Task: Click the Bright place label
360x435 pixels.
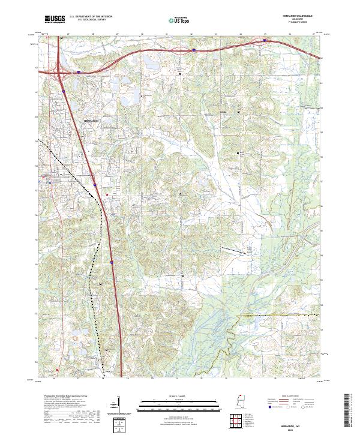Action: point(224,112)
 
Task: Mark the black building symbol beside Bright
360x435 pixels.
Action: point(238,112)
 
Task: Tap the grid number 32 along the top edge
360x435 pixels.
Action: point(191,34)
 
